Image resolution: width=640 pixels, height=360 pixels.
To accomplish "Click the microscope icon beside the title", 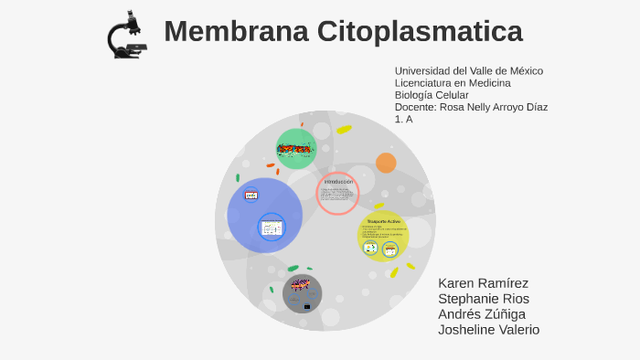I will click(x=126, y=35).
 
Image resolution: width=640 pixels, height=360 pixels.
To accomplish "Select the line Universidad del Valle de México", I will click(x=468, y=71).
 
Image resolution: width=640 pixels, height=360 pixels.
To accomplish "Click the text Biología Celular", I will click(x=431, y=95).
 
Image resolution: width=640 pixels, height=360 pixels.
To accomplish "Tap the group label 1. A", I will click(x=403, y=119).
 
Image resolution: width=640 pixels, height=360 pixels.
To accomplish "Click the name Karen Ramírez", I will click(x=483, y=283).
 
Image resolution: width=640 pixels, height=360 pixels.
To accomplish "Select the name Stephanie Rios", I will click(x=484, y=299).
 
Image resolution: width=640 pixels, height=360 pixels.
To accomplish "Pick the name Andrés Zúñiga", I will click(x=482, y=314).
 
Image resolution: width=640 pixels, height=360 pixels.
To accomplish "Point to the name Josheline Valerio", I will click(x=488, y=330).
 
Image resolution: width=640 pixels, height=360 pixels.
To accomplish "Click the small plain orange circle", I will click(x=386, y=163).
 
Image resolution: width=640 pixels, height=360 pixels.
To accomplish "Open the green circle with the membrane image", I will click(x=296, y=149).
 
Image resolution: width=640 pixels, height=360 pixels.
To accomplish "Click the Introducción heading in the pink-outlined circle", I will click(x=338, y=182).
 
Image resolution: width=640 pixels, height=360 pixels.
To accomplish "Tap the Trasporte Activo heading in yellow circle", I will click(x=383, y=222).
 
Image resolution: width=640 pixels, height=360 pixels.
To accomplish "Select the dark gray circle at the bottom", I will click(x=302, y=293).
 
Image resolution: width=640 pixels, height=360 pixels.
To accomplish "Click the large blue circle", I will click(x=265, y=216).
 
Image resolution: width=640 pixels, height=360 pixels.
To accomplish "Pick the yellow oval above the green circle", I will click(x=344, y=130).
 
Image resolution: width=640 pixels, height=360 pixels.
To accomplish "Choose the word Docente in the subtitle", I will click(x=414, y=107).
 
